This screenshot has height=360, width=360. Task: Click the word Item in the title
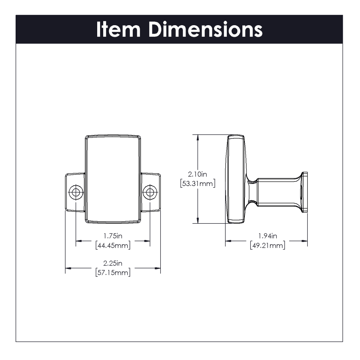118,29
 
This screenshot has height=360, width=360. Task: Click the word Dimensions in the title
206,29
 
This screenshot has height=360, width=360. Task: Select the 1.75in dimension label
113,236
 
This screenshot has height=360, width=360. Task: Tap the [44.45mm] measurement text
113,245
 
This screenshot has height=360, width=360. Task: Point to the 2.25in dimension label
113,263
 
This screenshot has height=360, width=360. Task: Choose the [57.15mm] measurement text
113,272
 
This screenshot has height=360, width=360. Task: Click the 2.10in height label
198,174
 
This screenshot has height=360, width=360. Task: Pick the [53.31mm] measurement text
198,184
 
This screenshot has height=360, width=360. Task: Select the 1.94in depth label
268,236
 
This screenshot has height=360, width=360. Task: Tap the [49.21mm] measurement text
268,245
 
